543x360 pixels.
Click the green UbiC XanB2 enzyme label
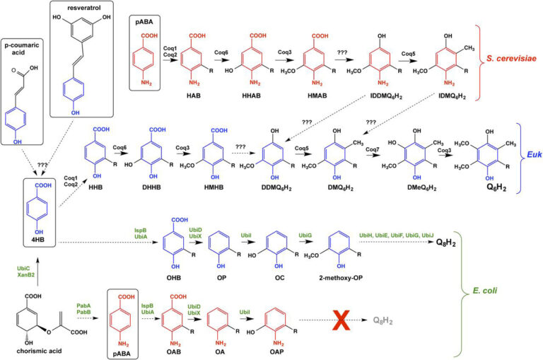(23, 272)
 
